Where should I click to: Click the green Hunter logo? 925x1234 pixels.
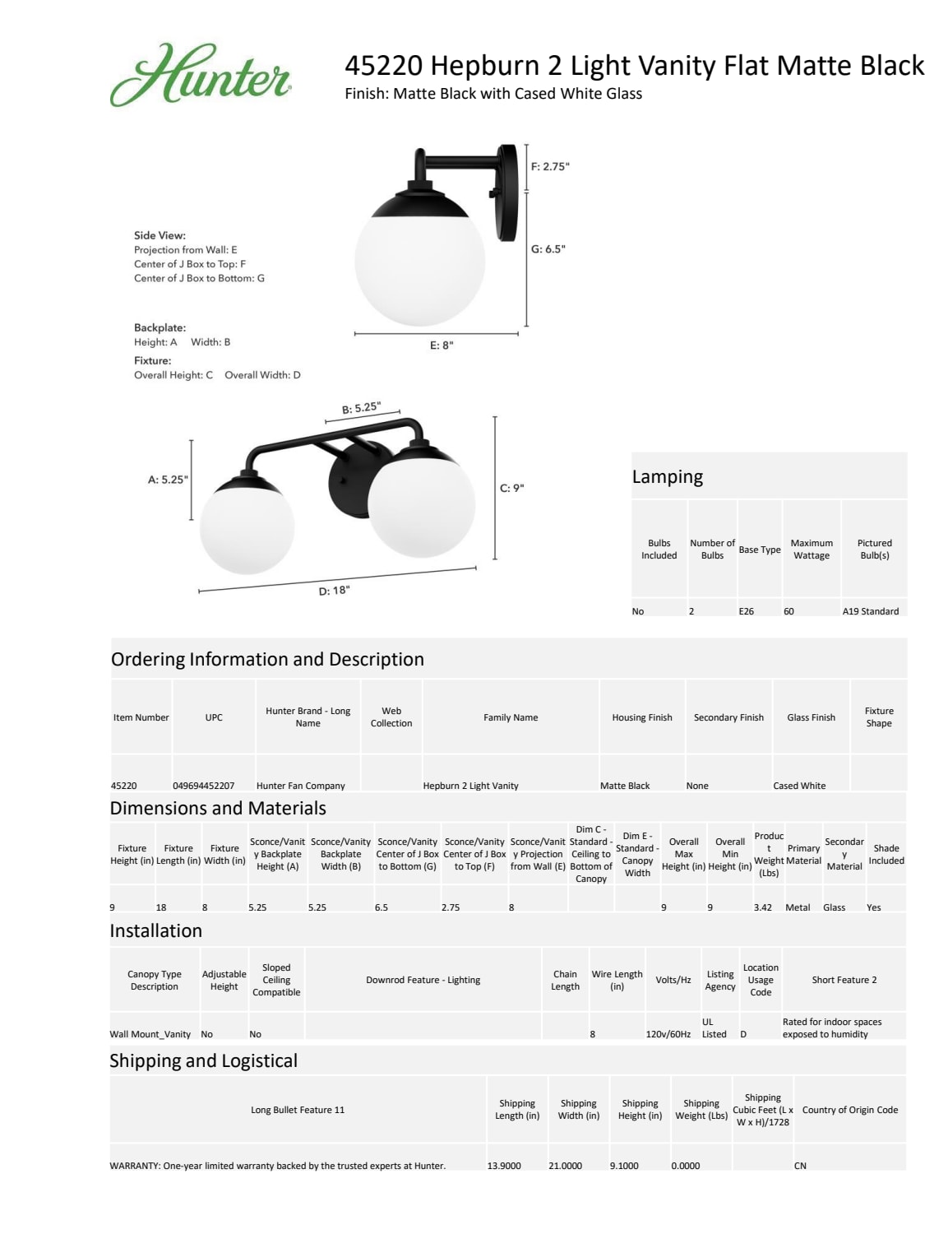pos(201,76)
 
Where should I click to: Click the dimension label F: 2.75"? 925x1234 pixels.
pos(549,167)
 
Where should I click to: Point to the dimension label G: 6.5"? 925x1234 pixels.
pos(548,249)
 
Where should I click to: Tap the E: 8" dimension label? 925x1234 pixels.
pos(442,346)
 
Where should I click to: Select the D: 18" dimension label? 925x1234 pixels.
pos(334,591)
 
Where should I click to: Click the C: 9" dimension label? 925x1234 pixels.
pos(511,488)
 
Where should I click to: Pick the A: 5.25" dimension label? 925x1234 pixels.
pos(168,480)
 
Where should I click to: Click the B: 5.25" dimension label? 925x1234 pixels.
pos(361,408)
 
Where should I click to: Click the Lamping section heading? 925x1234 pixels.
pos(667,477)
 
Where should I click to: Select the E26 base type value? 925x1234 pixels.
pos(746,611)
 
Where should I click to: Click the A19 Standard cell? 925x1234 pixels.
pos(870,611)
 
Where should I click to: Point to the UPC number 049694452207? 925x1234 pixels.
pos(203,786)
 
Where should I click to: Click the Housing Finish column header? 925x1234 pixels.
pos(641,717)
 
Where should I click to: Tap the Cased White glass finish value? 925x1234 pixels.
pos(799,786)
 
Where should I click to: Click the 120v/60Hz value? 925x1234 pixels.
pos(668,1034)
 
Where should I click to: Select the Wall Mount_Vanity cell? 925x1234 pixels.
pos(150,1034)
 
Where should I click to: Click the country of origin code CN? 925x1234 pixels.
pos(799,1166)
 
